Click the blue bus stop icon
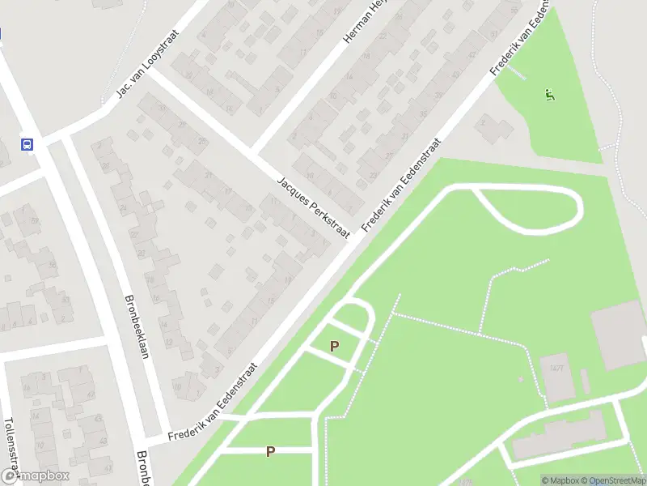[27, 145]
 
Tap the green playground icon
[550, 94]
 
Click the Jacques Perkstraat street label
[312, 208]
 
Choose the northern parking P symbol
[334, 346]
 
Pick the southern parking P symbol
[270, 452]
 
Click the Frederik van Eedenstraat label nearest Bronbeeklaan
[213, 403]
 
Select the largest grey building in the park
[619, 335]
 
